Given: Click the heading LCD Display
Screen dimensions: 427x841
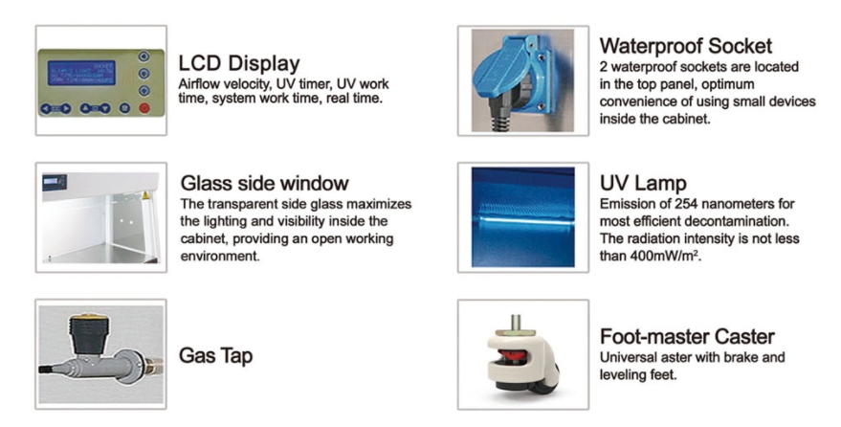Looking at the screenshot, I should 238,64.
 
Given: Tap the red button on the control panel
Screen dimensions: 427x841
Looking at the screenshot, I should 144,108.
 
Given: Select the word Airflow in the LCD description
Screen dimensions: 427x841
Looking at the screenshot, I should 199,84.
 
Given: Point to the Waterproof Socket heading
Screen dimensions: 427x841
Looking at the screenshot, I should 685,46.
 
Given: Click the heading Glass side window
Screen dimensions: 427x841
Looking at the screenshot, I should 264,183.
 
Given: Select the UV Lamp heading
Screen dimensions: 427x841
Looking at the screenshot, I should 643,183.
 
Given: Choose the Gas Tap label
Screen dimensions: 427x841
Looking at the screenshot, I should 215,356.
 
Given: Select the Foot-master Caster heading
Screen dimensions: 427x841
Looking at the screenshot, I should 686,337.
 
